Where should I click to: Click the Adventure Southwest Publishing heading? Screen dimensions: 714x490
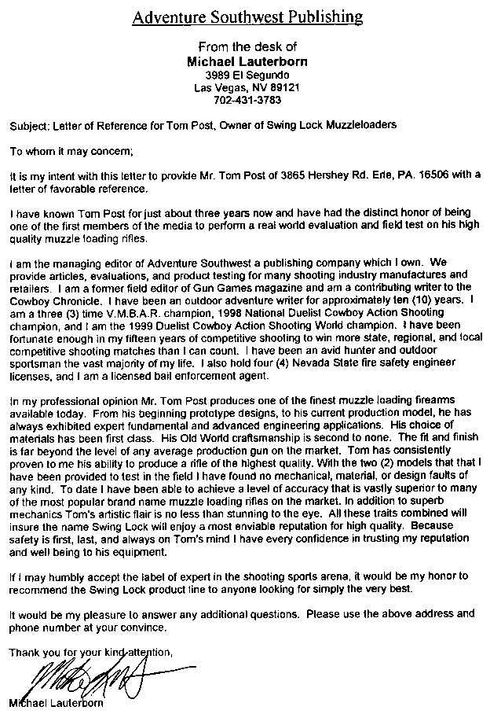(x=247, y=17)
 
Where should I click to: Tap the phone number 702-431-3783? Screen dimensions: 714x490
(x=247, y=101)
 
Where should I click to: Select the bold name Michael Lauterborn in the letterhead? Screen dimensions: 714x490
(x=247, y=61)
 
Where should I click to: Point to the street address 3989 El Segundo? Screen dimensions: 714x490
(x=247, y=74)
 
